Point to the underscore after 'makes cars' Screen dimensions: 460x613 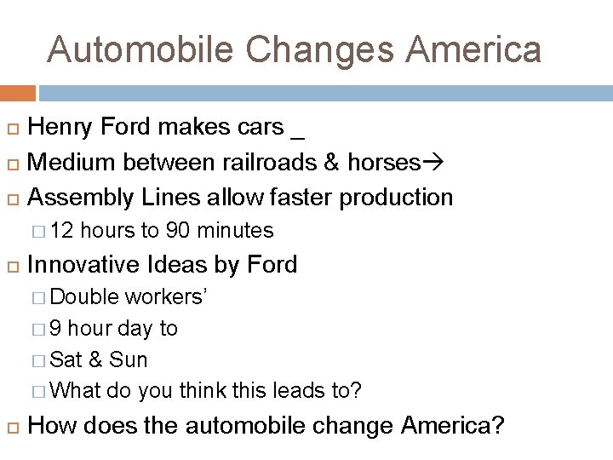(297, 135)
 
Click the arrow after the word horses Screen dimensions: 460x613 (433, 162)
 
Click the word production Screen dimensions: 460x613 (396, 198)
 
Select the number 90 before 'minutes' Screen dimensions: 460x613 (178, 231)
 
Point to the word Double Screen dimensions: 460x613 (85, 296)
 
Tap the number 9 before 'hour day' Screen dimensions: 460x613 (55, 328)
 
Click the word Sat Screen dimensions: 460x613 (66, 359)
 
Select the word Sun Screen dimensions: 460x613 (129, 359)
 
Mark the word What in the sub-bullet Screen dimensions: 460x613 (76, 391)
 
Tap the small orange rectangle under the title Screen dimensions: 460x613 (18, 93)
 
